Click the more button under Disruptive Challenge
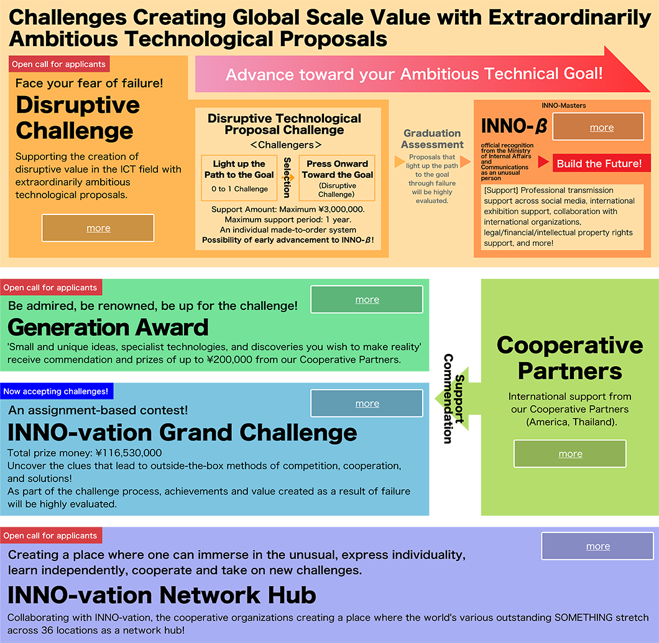point(98,228)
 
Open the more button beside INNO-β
point(598,126)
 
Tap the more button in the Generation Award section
point(367,299)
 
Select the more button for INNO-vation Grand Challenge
point(367,403)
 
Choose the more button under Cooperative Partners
point(570,454)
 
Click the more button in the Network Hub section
point(597,546)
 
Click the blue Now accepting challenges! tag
point(57,391)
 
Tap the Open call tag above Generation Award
point(51,287)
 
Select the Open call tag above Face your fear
point(59,64)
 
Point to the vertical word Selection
point(287,178)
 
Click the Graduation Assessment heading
point(432,139)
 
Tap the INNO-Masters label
point(564,106)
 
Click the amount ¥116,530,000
point(129,453)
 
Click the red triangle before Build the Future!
point(543,162)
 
